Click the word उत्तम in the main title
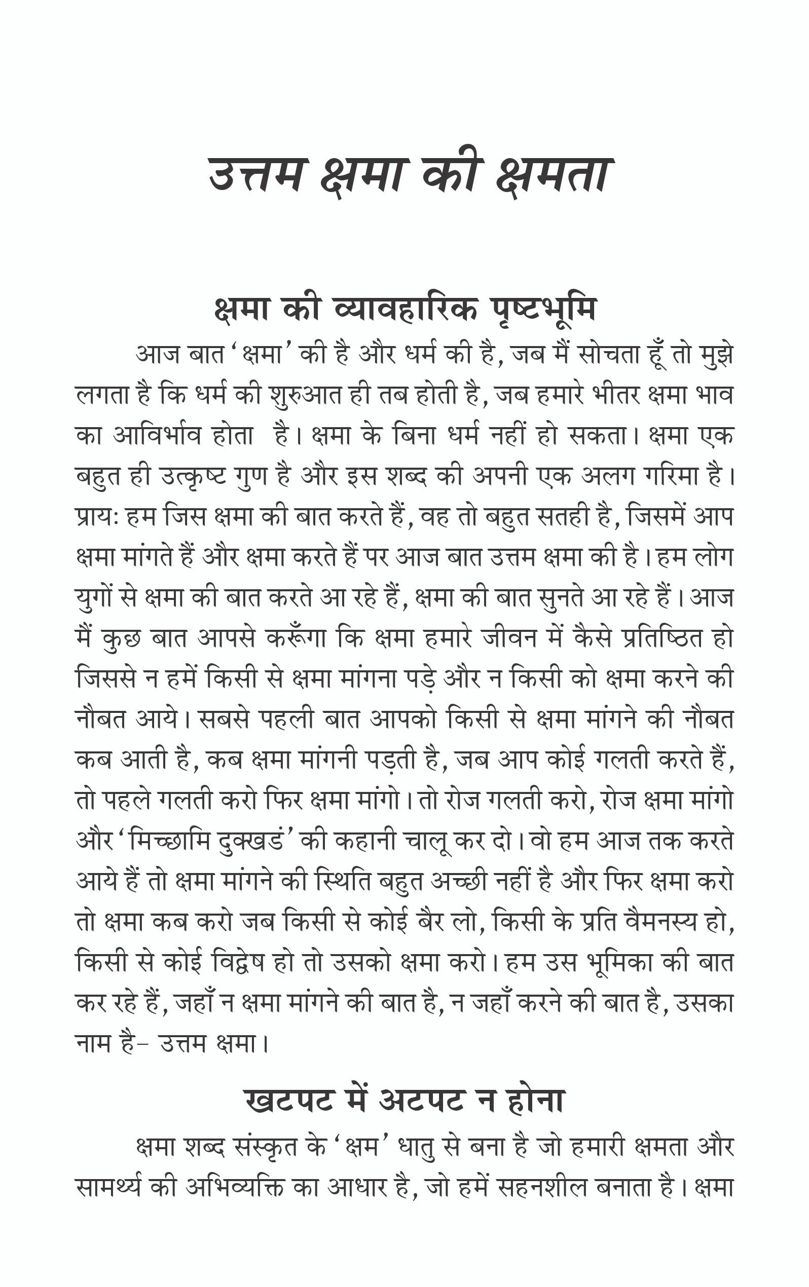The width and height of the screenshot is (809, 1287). (x=255, y=175)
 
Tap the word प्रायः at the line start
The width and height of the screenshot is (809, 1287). (x=97, y=517)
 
